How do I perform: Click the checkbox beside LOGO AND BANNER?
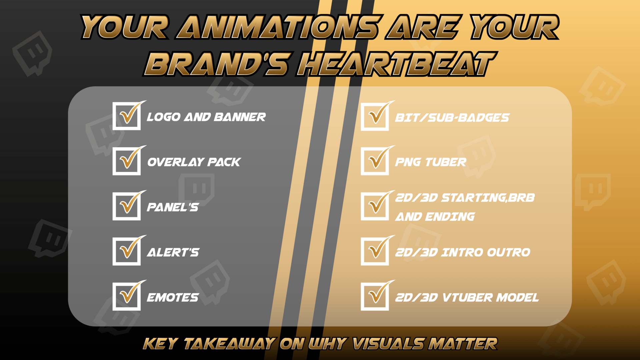[x=127, y=116]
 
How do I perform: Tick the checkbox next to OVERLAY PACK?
[x=127, y=161]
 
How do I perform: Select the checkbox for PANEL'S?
[x=127, y=206]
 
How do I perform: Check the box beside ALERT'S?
[x=127, y=251]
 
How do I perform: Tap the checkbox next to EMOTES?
[x=127, y=296]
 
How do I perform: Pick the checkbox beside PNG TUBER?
[x=375, y=161]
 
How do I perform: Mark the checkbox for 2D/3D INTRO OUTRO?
[x=375, y=251]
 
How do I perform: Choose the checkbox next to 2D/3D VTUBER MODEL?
[x=375, y=296]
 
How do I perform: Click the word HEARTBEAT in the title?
[x=397, y=64]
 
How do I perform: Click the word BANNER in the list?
[x=240, y=117]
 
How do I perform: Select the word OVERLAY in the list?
[x=175, y=162]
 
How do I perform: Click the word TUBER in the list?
[x=446, y=162]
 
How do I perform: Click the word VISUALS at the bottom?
[x=389, y=344]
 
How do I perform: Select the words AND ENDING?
[x=435, y=217]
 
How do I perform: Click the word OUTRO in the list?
[x=509, y=252]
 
